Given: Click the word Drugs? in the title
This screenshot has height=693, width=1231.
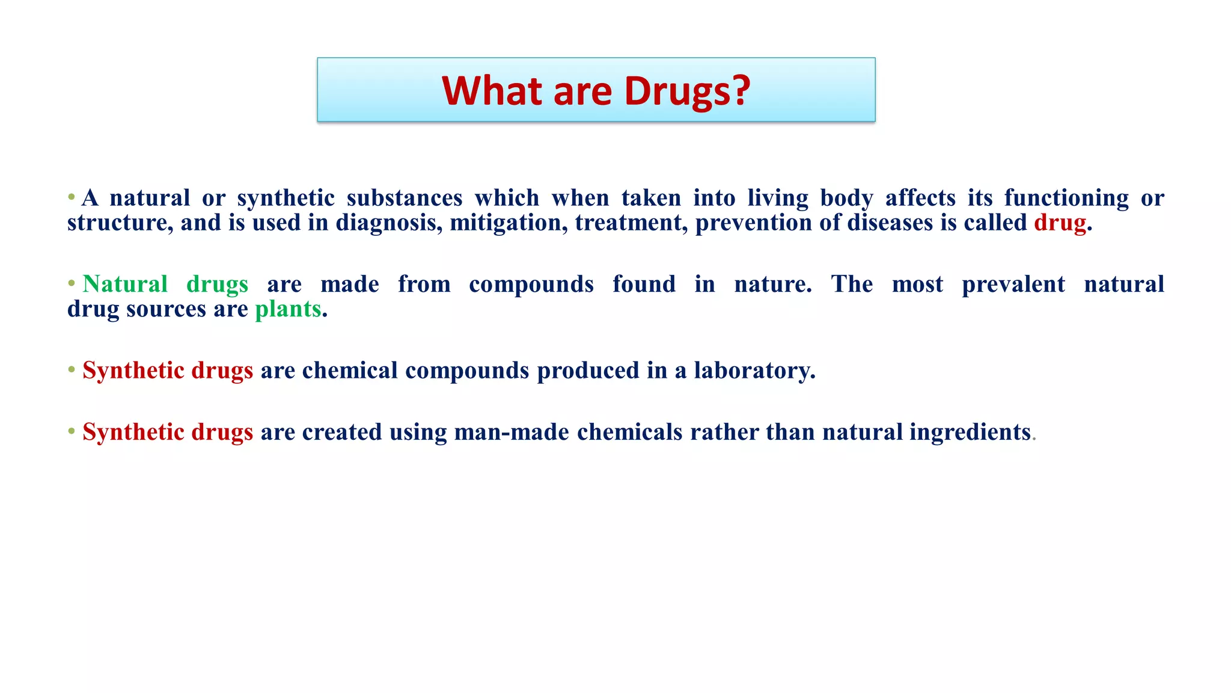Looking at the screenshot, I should (x=687, y=91).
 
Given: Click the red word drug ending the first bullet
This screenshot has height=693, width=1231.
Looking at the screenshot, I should (x=1060, y=223).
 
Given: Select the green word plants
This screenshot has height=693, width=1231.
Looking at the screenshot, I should (x=288, y=309).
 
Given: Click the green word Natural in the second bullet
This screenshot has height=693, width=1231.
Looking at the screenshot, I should (x=125, y=284).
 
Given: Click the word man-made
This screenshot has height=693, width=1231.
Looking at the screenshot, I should (x=512, y=433).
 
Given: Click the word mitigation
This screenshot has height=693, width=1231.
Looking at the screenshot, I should (x=509, y=223).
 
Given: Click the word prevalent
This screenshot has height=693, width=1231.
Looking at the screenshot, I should (x=1013, y=284).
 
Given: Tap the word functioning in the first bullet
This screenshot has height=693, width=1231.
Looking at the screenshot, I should (x=1066, y=199).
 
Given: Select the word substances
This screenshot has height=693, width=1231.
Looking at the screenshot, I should (x=405, y=199).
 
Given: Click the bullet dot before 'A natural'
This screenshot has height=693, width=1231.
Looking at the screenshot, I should (x=72, y=197).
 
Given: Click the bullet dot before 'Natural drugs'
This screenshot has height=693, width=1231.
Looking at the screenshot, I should (x=72, y=283).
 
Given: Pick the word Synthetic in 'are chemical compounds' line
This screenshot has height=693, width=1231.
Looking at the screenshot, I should (x=133, y=371).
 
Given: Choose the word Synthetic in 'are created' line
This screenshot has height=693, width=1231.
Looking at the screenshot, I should (x=133, y=433).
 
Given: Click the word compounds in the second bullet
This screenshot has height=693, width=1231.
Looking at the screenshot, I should (x=531, y=284).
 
